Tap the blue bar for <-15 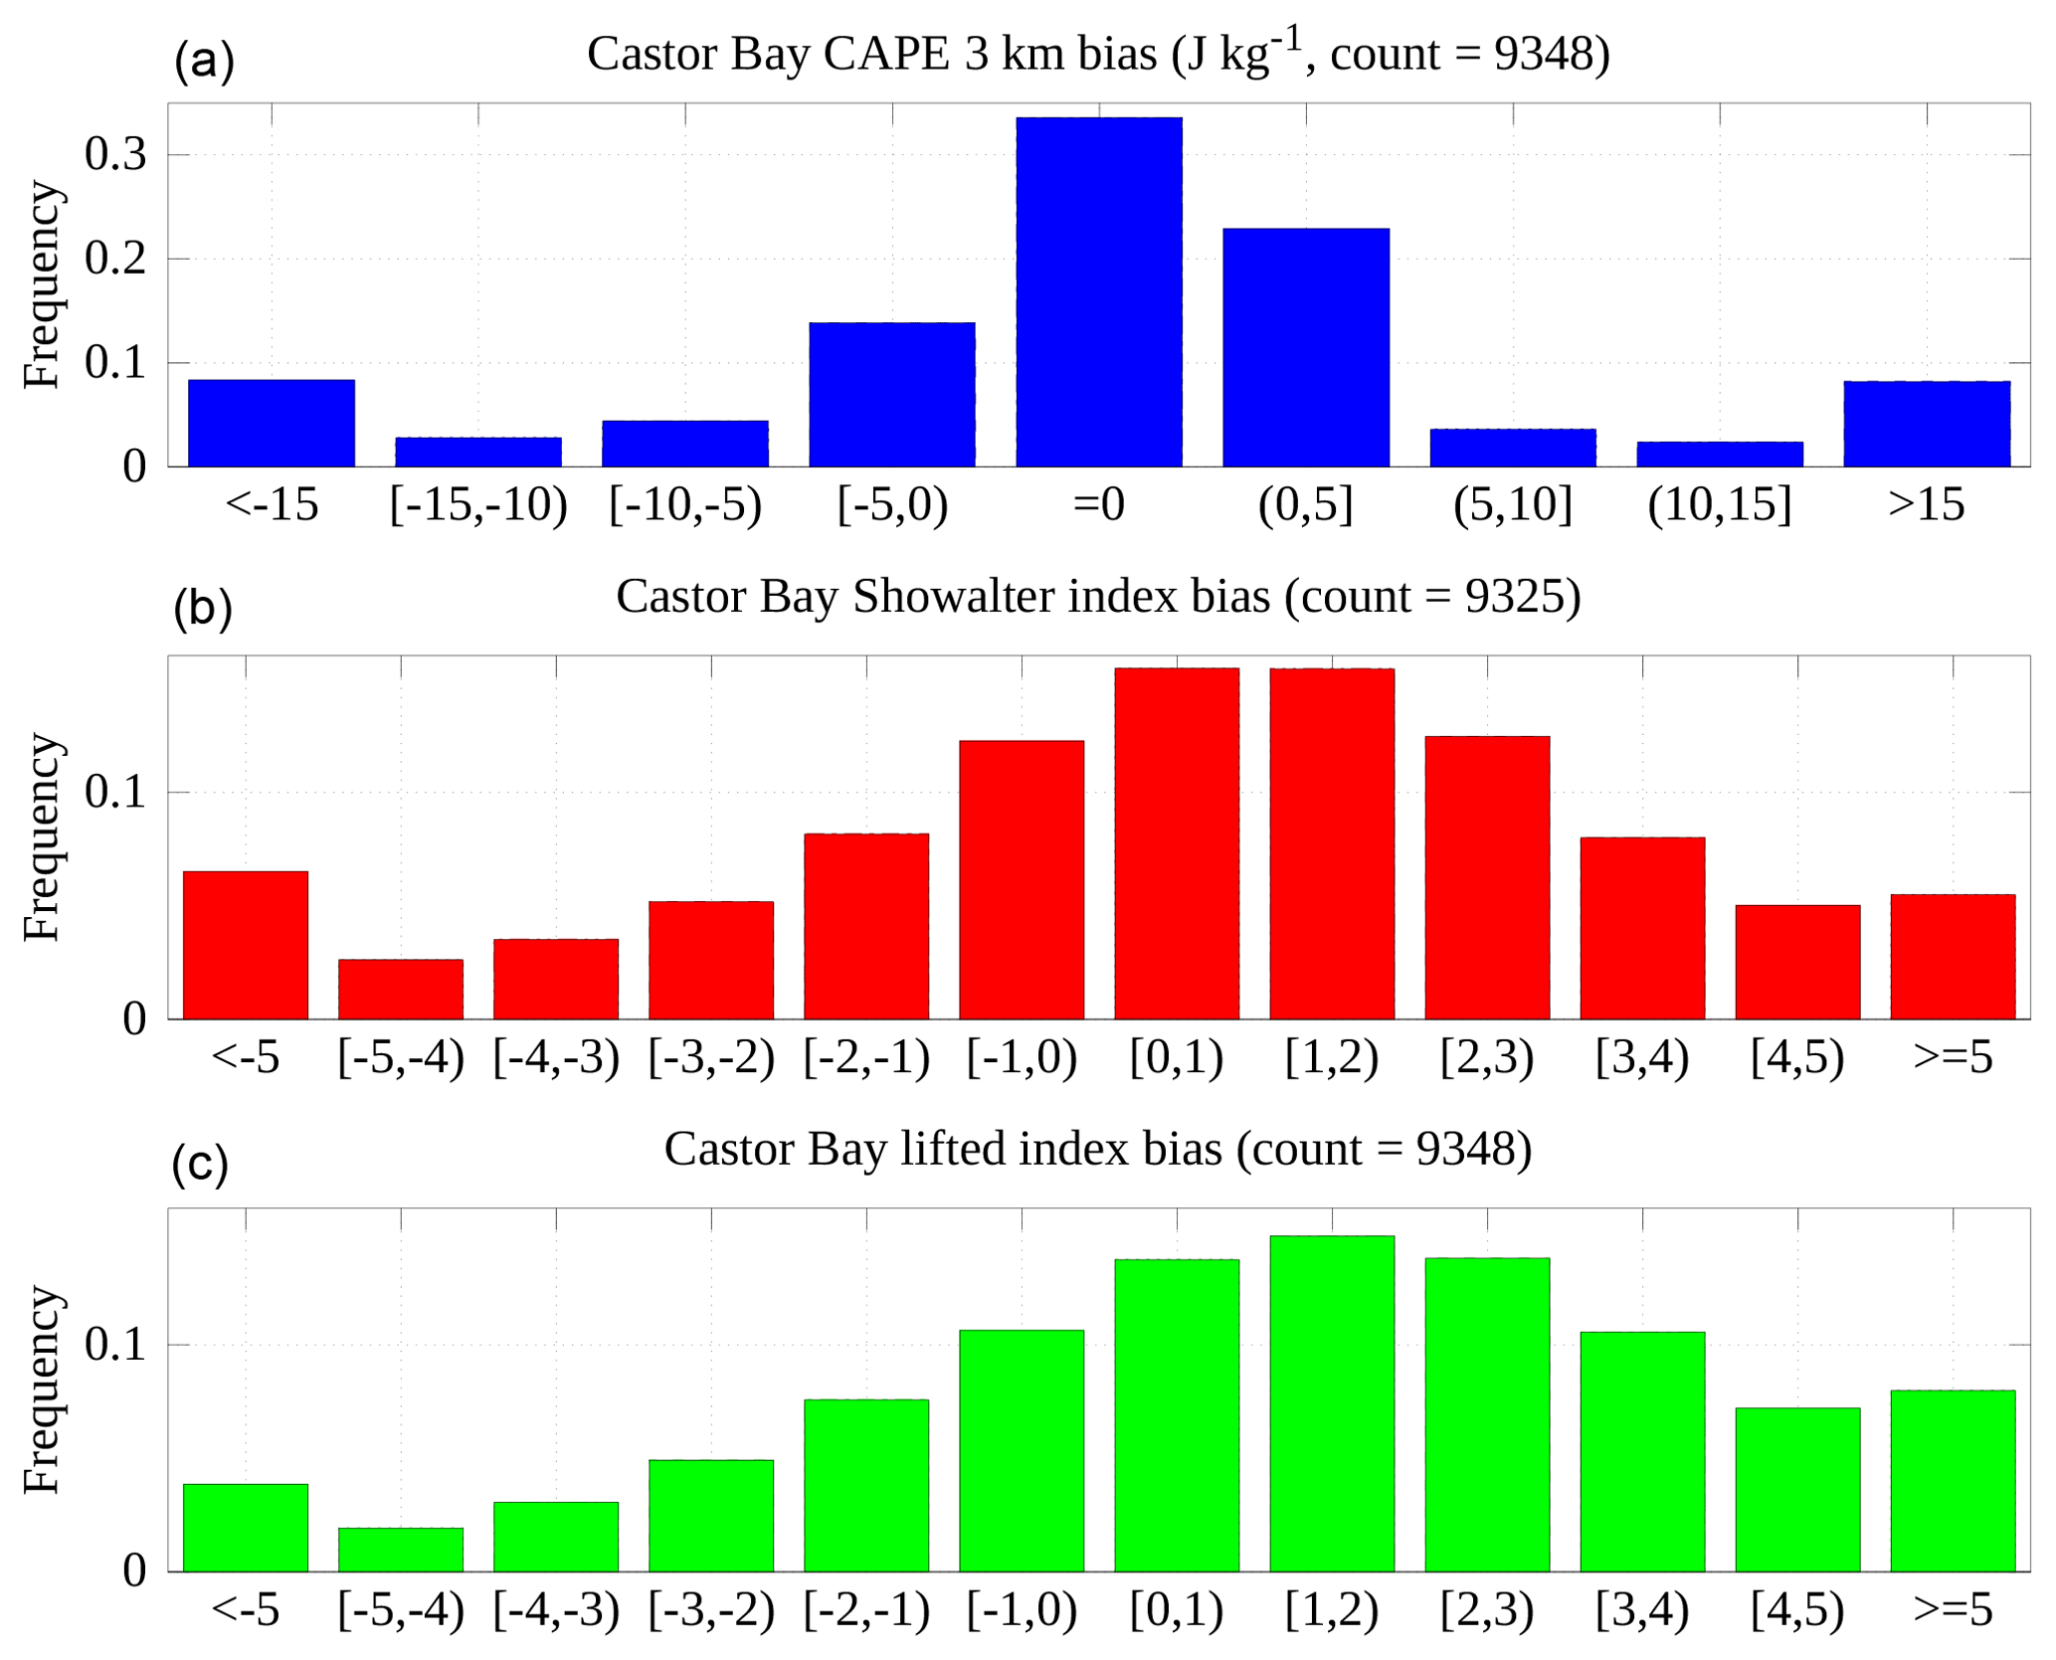271,423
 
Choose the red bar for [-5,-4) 400,989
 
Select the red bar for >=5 1952,957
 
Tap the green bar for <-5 245,1527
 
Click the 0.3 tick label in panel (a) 115,155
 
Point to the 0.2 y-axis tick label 115,259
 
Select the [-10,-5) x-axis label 685,504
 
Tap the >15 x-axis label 1926,504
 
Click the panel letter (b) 202,608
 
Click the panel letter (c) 200,1162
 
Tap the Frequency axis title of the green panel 43,1389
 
